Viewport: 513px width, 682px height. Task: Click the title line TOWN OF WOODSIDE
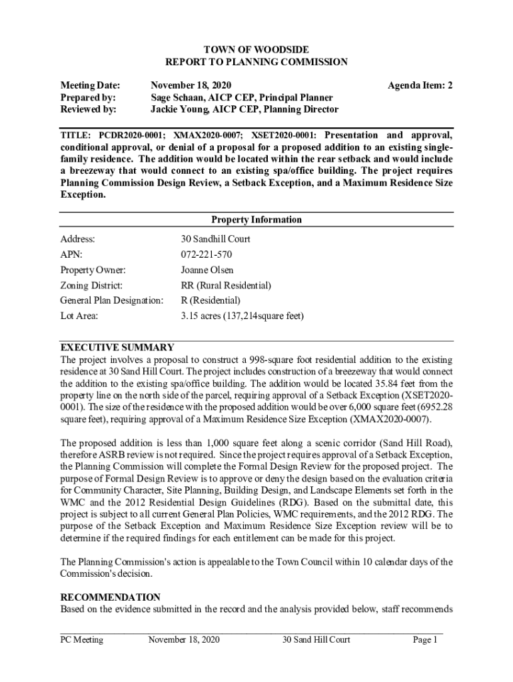[x=256, y=50]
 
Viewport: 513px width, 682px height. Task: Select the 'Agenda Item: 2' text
[x=420, y=85]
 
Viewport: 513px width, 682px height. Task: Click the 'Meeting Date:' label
[x=91, y=85]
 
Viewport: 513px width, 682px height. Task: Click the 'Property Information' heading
[x=256, y=220]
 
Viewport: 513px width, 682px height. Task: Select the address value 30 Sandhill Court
[x=215, y=239]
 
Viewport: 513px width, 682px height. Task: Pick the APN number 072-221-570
[x=207, y=254]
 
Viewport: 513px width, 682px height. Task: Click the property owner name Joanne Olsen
[x=207, y=270]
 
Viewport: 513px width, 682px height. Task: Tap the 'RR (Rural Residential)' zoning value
[x=226, y=285]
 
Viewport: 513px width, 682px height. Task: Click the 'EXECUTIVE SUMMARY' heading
[x=117, y=347]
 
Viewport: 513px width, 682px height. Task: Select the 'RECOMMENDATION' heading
[x=111, y=597]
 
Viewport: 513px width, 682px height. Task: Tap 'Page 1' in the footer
[x=424, y=640]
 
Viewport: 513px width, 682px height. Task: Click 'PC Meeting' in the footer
[x=82, y=640]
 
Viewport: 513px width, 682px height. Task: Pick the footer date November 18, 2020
[x=184, y=640]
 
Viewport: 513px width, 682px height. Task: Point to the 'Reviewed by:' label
[x=89, y=109]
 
